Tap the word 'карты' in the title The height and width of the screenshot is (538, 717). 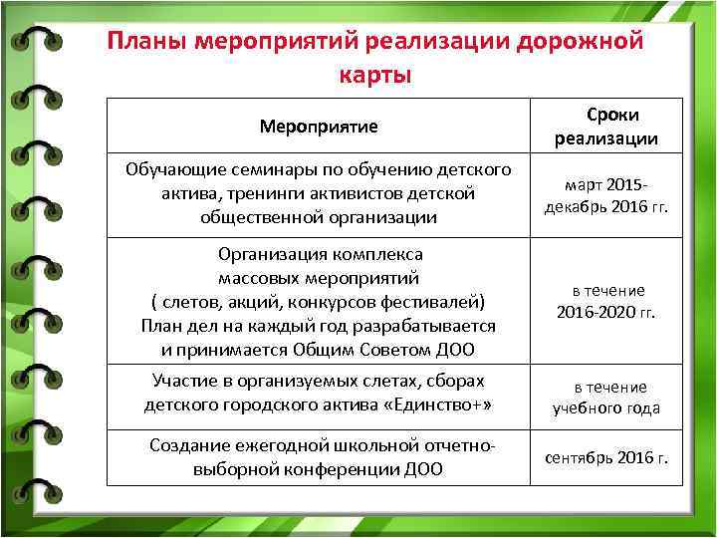(374, 76)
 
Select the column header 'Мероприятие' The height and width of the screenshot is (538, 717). (318, 127)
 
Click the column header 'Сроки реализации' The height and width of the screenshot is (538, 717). (606, 127)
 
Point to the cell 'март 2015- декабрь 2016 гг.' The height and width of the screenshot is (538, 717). (606, 196)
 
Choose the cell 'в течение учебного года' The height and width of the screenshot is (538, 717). (606, 398)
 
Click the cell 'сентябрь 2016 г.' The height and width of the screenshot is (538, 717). (606, 457)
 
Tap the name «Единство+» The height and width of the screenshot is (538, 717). (434, 404)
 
